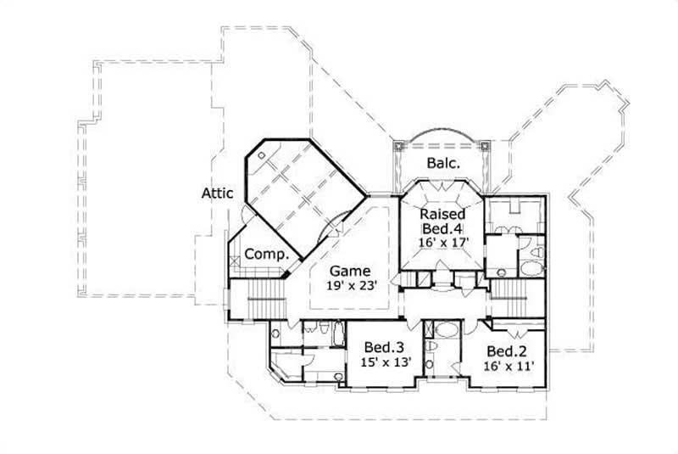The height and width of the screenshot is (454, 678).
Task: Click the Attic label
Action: [x=217, y=193]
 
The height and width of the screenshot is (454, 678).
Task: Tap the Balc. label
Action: [x=442, y=164]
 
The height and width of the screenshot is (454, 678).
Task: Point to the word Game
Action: [x=351, y=271]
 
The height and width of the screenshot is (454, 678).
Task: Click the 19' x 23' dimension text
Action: [x=351, y=286]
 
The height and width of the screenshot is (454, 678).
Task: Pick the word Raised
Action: [x=442, y=213]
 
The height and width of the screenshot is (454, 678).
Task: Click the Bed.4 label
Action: [x=442, y=227]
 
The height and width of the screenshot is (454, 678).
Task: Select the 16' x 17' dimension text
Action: [x=442, y=242]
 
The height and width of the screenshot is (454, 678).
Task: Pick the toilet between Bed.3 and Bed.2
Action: [x=431, y=347]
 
